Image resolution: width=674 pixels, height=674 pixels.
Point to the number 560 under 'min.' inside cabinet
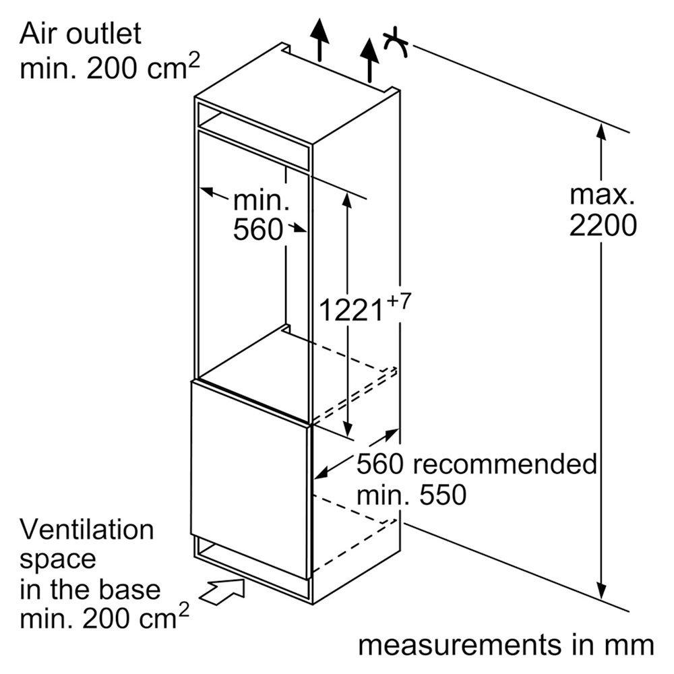(258, 230)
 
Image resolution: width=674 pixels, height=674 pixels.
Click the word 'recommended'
(506, 464)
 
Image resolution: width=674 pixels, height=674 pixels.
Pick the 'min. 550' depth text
(411, 496)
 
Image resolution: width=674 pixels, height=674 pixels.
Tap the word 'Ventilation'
(88, 530)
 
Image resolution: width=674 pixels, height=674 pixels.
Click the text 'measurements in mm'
(506, 644)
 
